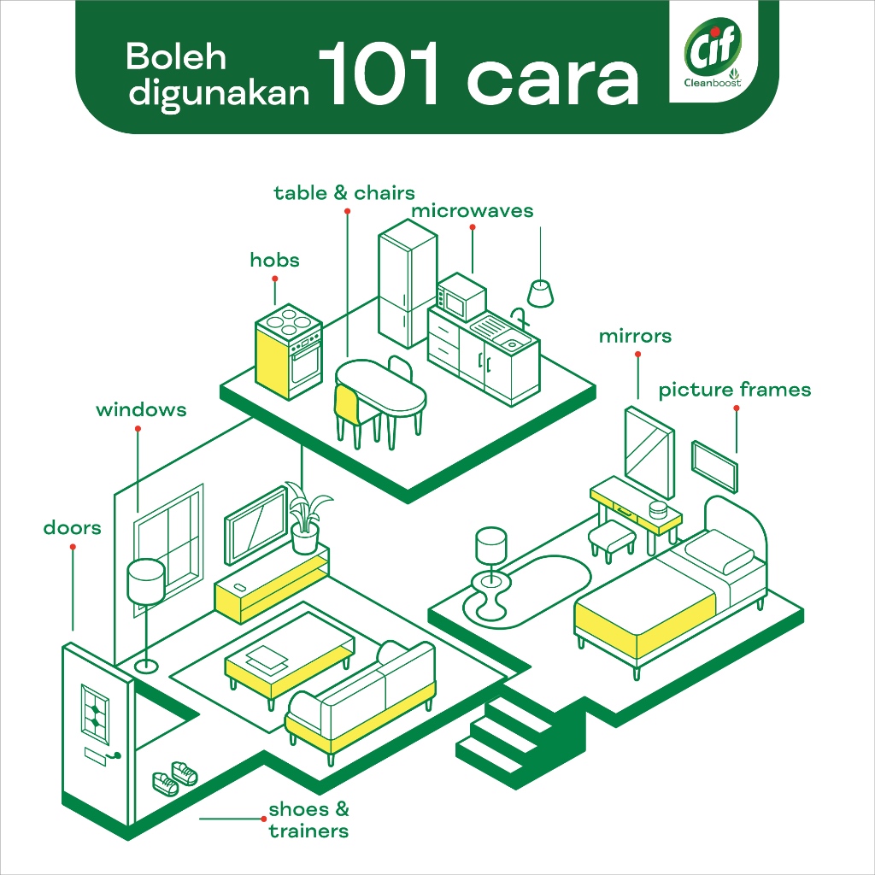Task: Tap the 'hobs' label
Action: (274, 260)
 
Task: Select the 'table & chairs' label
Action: (344, 193)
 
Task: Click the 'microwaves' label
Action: (472, 211)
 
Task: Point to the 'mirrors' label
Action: (635, 336)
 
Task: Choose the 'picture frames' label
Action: (734, 391)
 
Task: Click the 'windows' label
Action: (140, 410)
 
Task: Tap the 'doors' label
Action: (72, 528)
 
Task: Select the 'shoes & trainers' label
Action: (308, 819)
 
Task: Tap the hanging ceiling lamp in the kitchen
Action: (541, 293)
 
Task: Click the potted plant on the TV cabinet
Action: (304, 518)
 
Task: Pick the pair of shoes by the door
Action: (174, 778)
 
